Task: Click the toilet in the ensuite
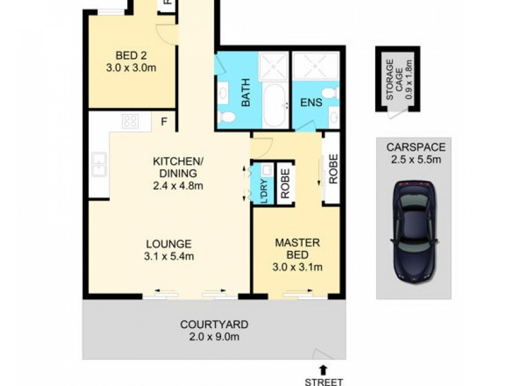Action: [330, 93]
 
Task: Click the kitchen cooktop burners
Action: [130, 120]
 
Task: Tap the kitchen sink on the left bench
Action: [100, 164]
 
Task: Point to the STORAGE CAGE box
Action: [397, 78]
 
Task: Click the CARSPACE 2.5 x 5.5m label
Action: [414, 153]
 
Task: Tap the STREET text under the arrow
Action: [323, 381]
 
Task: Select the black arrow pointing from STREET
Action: [323, 369]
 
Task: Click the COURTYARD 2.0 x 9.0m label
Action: [214, 330]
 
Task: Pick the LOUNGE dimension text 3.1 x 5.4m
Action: [169, 256]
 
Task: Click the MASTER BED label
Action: [296, 248]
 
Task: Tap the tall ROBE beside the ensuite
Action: [332, 169]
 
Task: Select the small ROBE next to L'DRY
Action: [285, 183]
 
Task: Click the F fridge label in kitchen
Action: [164, 120]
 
